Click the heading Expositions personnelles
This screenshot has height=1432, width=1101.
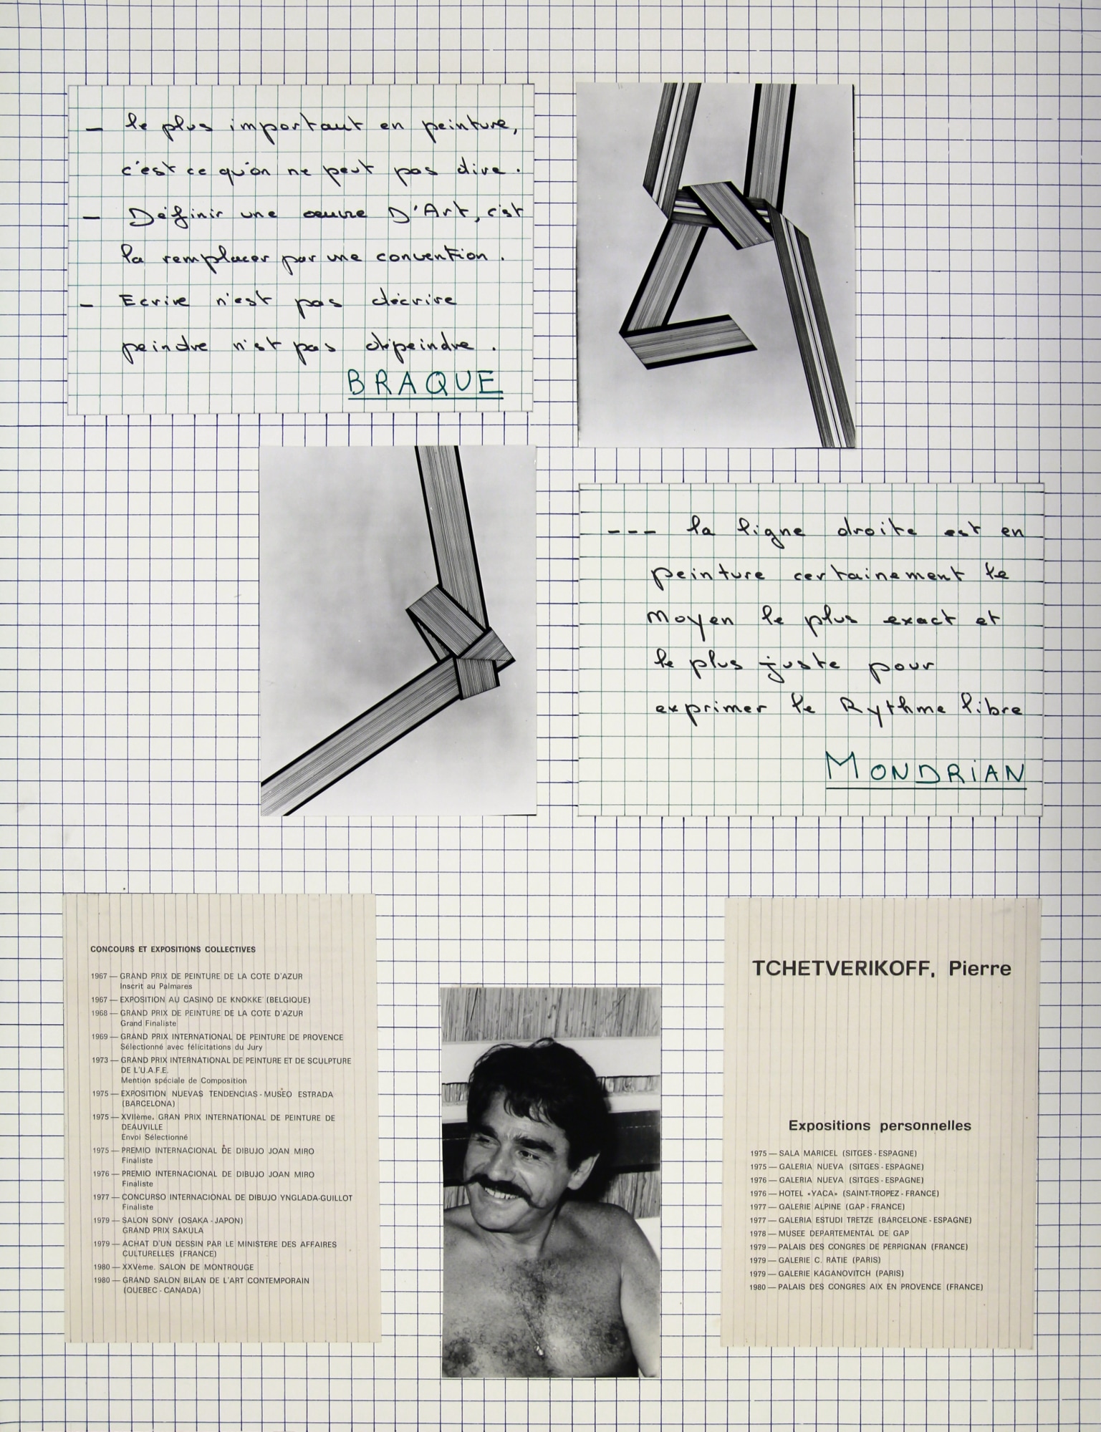pos(880,1126)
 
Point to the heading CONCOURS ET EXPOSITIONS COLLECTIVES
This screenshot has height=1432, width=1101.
pos(173,949)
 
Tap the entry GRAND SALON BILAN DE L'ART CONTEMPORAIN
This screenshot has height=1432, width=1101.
pos(215,1280)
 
